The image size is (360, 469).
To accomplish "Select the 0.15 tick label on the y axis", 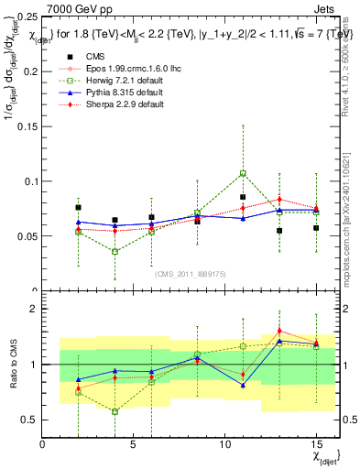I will (x=27, y=126).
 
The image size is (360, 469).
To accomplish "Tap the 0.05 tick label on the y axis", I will (x=27, y=235).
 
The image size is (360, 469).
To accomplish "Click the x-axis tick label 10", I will (x=225, y=444).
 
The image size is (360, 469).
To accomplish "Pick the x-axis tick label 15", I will (x=316, y=444).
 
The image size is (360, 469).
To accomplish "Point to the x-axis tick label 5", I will (x=134, y=444).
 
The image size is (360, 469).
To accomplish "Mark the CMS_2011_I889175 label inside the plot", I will (x=191, y=274).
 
